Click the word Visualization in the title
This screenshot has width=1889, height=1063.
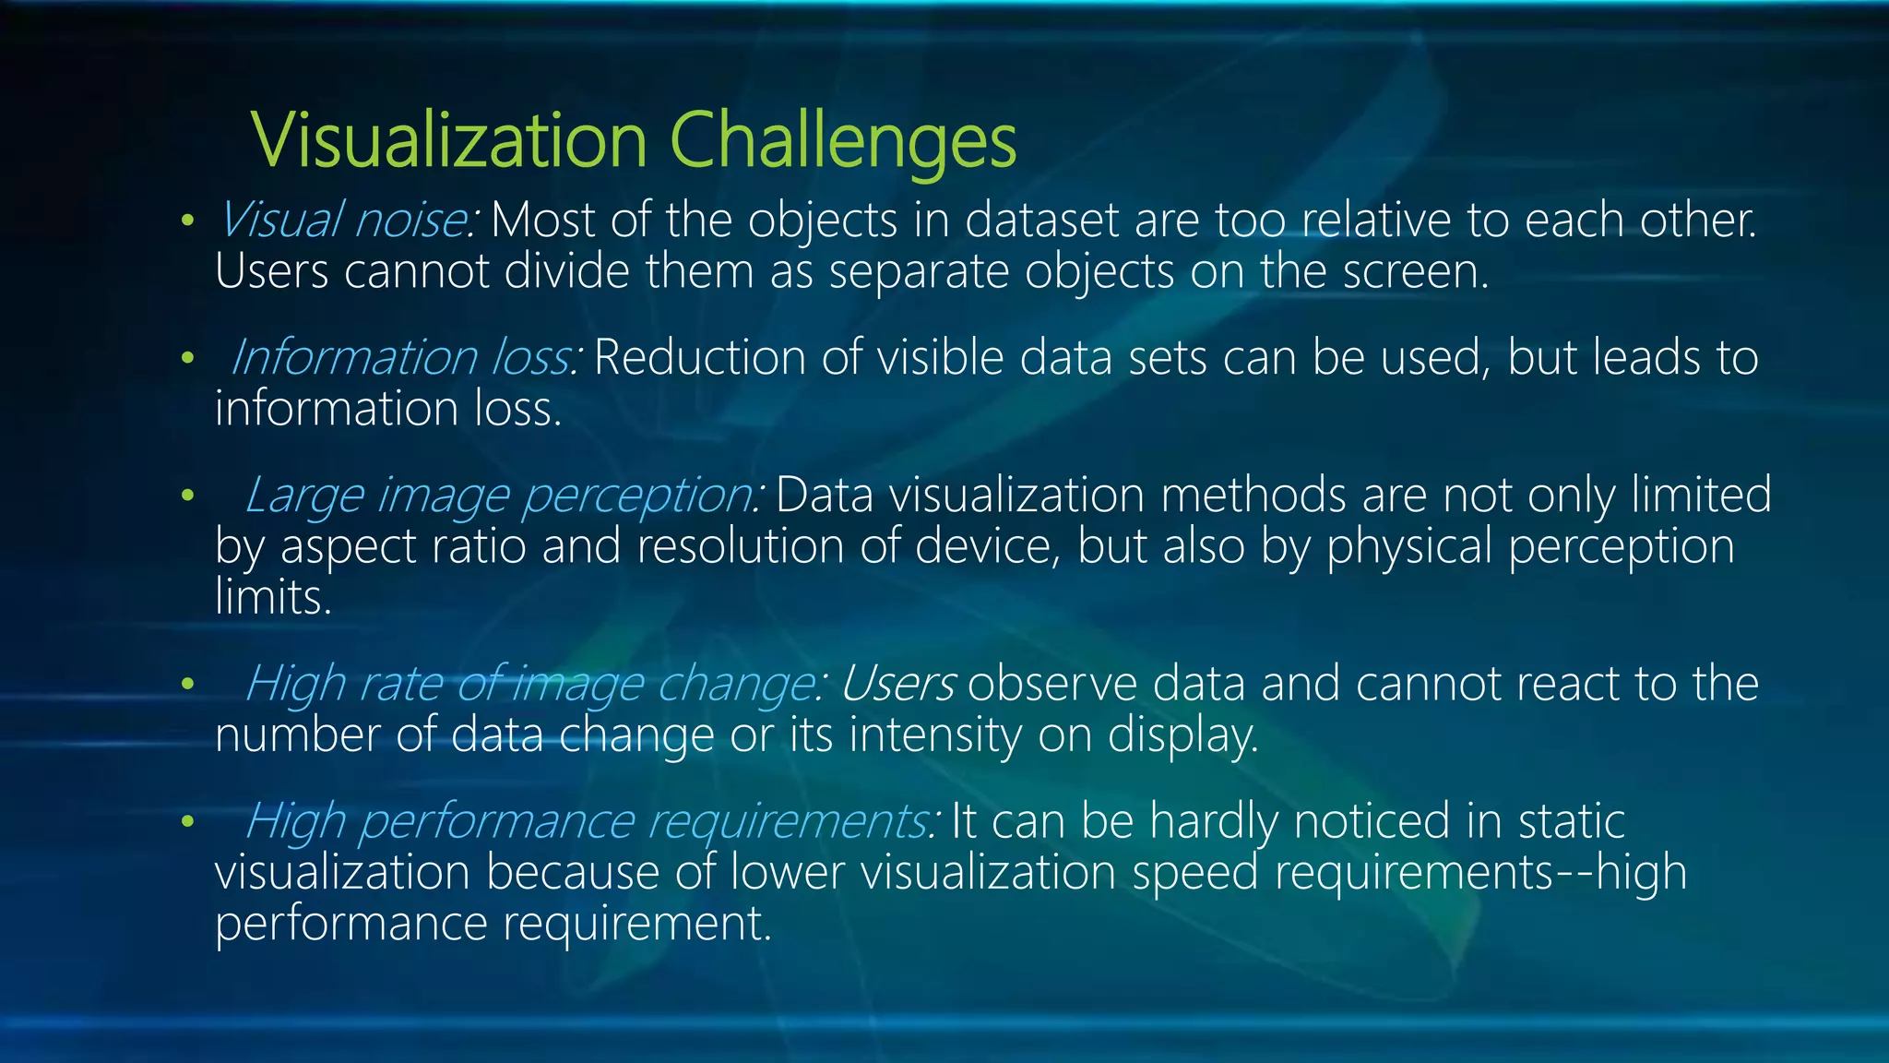pos(449,140)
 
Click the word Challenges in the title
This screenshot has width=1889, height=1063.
pos(842,140)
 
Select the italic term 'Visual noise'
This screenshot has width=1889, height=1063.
pos(343,221)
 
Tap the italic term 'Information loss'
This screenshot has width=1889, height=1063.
pos(403,357)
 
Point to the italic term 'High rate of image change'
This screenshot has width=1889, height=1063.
pos(530,684)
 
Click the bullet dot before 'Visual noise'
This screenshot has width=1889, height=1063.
pos(187,221)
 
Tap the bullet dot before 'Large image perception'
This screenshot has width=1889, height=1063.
pos(187,496)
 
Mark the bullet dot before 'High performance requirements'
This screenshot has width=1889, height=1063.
pos(187,821)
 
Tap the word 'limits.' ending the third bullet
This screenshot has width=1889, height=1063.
pos(273,597)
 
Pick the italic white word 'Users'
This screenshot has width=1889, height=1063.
pos(897,684)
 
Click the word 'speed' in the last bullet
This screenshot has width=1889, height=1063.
pos(1194,872)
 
